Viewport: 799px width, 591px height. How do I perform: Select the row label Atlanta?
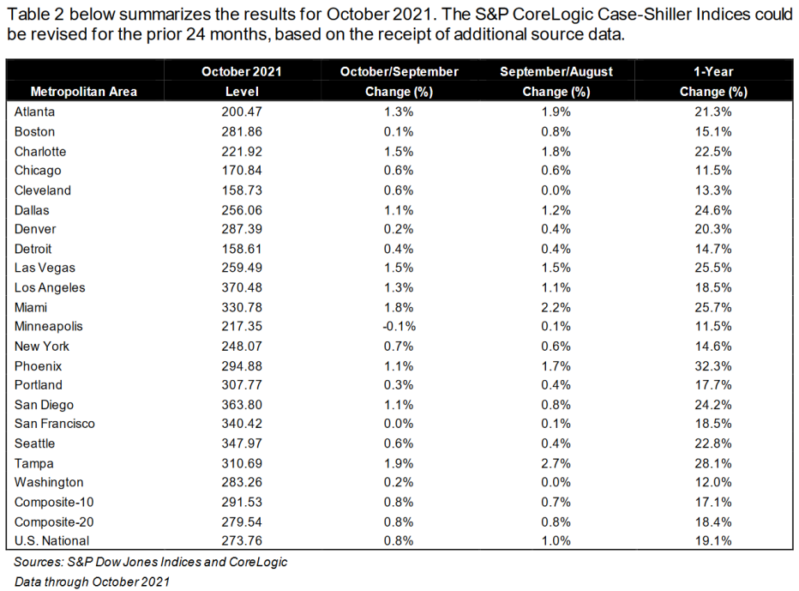tap(34, 112)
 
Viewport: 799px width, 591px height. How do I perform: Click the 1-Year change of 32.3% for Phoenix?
tap(713, 365)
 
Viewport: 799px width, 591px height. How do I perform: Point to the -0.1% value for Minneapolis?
tap(399, 327)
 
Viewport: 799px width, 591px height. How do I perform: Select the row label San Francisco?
tap(55, 424)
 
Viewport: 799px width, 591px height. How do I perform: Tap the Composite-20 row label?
tap(53, 522)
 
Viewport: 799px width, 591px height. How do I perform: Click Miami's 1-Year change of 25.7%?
tap(713, 307)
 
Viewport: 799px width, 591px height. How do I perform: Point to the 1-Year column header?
tap(713, 81)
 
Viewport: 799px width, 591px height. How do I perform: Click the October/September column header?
tap(399, 81)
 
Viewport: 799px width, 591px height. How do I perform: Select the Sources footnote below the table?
tap(150, 563)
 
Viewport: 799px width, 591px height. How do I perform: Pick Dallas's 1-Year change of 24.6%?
tap(713, 210)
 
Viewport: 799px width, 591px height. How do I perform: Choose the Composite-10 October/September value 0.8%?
tap(399, 502)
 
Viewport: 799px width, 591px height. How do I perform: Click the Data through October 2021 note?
tap(92, 582)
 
